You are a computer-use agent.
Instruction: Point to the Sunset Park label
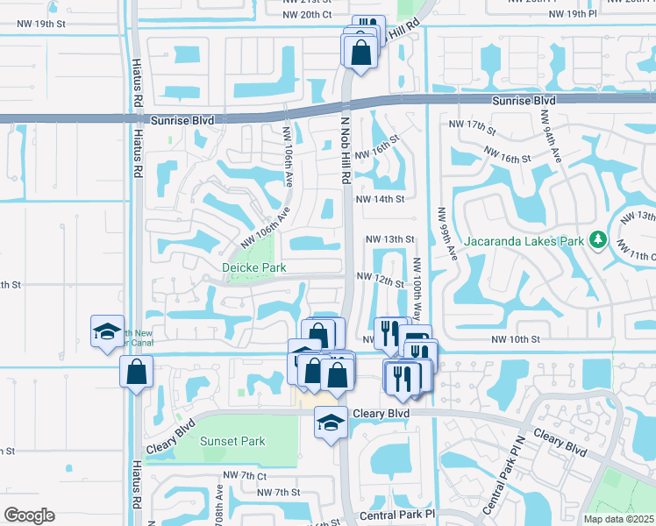point(232,441)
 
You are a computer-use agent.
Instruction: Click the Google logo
point(29,515)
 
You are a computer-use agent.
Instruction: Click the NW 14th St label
point(379,199)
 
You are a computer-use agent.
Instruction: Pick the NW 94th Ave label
point(551,134)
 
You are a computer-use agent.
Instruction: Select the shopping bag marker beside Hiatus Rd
point(138,373)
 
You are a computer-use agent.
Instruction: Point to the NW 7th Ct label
point(245,475)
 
